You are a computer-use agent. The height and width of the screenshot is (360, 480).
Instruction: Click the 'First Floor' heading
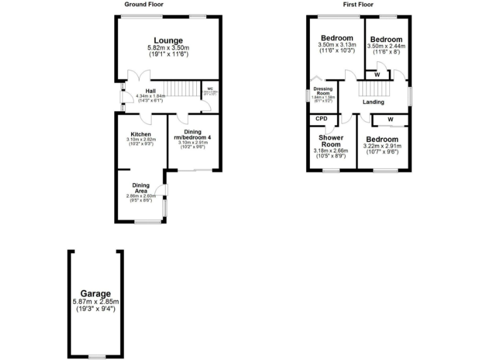coord(358,4)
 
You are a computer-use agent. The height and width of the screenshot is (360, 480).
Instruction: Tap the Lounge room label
coord(168,41)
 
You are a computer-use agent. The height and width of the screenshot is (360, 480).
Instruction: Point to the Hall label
coord(149,91)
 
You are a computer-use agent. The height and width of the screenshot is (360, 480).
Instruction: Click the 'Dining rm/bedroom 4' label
coord(192,136)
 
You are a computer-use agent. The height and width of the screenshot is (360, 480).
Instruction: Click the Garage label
coord(95,293)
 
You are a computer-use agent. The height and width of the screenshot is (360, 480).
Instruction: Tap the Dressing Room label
coord(323,91)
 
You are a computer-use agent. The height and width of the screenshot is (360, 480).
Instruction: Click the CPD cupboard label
coord(322,119)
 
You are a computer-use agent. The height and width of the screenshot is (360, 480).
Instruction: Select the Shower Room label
coord(331,141)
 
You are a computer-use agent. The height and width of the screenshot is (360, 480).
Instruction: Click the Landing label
coord(373,102)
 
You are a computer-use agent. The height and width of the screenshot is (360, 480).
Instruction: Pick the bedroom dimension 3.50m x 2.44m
coord(386,46)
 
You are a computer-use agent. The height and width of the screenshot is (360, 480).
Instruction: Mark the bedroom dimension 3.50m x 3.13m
coord(337,45)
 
